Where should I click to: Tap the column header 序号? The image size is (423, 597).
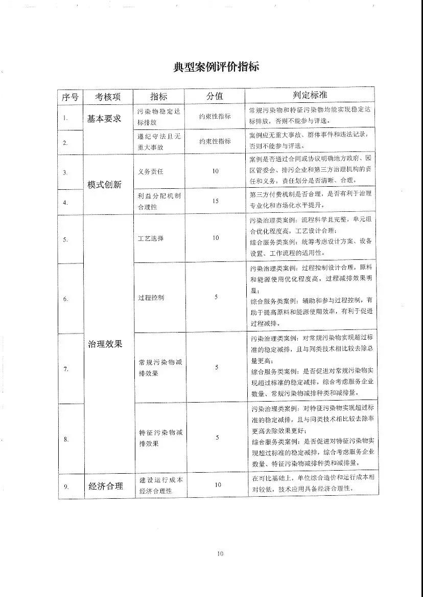[70, 96]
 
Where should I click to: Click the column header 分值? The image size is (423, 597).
[215, 96]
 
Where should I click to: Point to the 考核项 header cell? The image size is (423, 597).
[108, 96]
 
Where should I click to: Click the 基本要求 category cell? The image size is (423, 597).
[104, 119]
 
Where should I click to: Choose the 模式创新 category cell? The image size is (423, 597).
[104, 185]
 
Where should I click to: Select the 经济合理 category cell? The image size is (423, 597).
[106, 486]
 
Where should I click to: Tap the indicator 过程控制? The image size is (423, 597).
[151, 297]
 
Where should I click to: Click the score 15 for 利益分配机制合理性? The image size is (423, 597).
[215, 201]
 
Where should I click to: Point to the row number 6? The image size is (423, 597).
[66, 299]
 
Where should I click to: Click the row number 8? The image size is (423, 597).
[66, 439]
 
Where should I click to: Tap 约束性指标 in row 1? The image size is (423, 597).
[215, 116]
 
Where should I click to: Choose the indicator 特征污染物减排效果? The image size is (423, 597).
[156, 438]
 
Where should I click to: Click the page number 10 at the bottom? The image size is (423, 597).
[220, 553]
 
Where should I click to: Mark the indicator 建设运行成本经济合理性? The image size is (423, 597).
[159, 485]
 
